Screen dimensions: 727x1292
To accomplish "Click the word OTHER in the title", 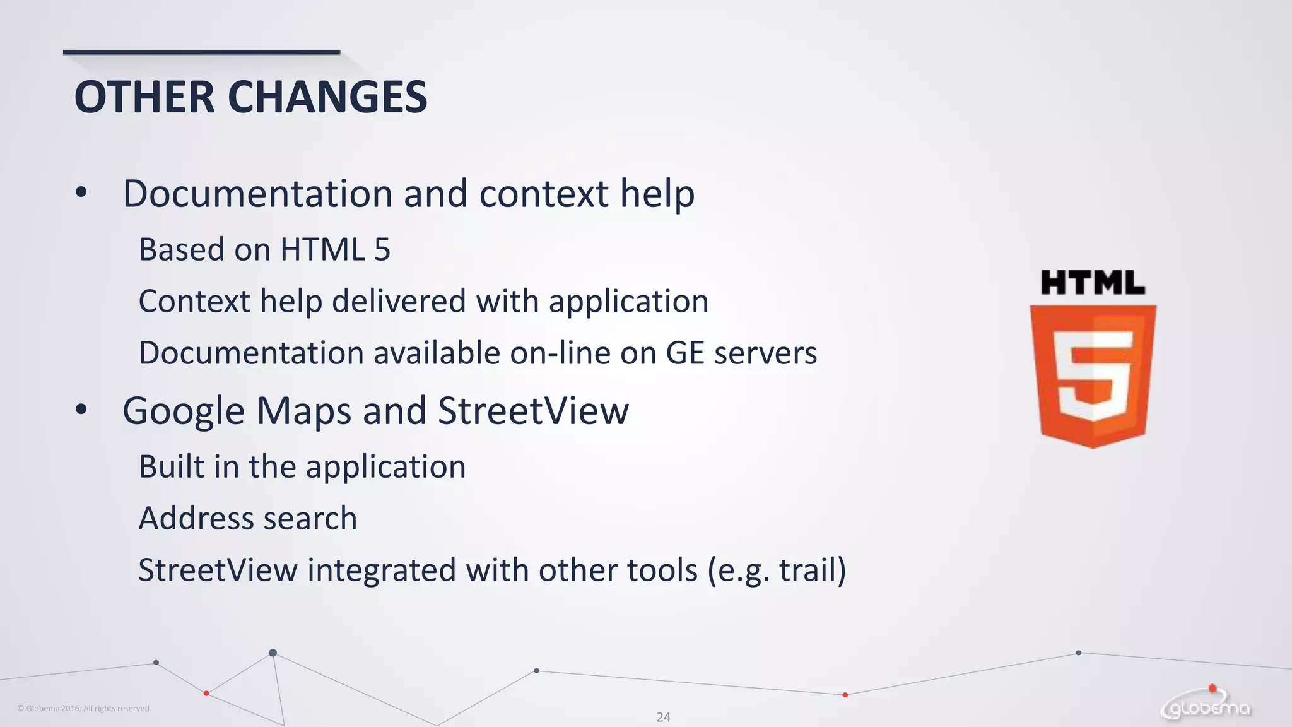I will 144,97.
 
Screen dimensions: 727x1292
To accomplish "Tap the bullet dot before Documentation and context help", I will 81,192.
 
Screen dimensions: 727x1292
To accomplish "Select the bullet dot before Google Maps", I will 81,410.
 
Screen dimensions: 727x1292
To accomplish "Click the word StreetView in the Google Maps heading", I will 533,411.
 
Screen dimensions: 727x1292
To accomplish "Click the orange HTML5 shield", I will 1093,375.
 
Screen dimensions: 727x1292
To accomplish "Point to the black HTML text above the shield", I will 1093,283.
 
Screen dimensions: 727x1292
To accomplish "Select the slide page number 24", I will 663,717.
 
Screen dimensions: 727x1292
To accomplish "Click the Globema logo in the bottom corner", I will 1206,706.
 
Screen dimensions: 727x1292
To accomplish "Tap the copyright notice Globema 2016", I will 84,709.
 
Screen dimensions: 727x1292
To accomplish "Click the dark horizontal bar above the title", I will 201,52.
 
